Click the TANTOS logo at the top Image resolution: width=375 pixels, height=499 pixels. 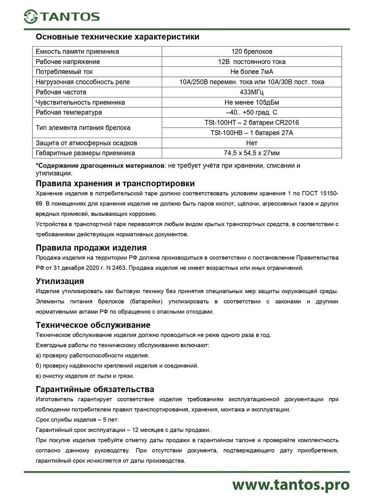click(x=61, y=16)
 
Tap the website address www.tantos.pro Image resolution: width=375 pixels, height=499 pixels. click(x=290, y=484)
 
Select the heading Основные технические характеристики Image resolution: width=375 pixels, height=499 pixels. click(x=117, y=37)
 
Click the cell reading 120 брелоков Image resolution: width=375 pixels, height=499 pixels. click(x=252, y=52)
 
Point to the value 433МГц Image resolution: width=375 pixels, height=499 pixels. click(x=252, y=92)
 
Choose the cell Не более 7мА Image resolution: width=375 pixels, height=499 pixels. click(x=252, y=72)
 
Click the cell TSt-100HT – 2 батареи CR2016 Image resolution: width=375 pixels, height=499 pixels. click(x=252, y=123)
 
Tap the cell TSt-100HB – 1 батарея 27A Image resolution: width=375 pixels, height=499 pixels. click(x=252, y=133)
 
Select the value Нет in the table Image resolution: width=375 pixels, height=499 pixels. click(x=252, y=143)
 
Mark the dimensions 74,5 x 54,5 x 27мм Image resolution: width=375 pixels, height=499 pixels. click(x=252, y=153)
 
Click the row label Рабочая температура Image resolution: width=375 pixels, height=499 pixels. click(x=69, y=112)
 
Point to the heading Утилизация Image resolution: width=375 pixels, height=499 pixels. click(x=60, y=282)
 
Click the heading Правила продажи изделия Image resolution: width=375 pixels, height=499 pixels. click(x=91, y=248)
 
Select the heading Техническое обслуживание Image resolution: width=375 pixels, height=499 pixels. click(x=93, y=325)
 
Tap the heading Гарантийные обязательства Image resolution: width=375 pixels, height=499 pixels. click(x=95, y=389)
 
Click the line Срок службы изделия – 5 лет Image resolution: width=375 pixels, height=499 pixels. click(x=71, y=420)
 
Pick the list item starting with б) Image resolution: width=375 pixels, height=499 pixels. click(x=117, y=366)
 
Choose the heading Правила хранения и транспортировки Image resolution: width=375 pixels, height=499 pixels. click(x=115, y=184)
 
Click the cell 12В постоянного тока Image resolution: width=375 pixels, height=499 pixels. click(x=252, y=62)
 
